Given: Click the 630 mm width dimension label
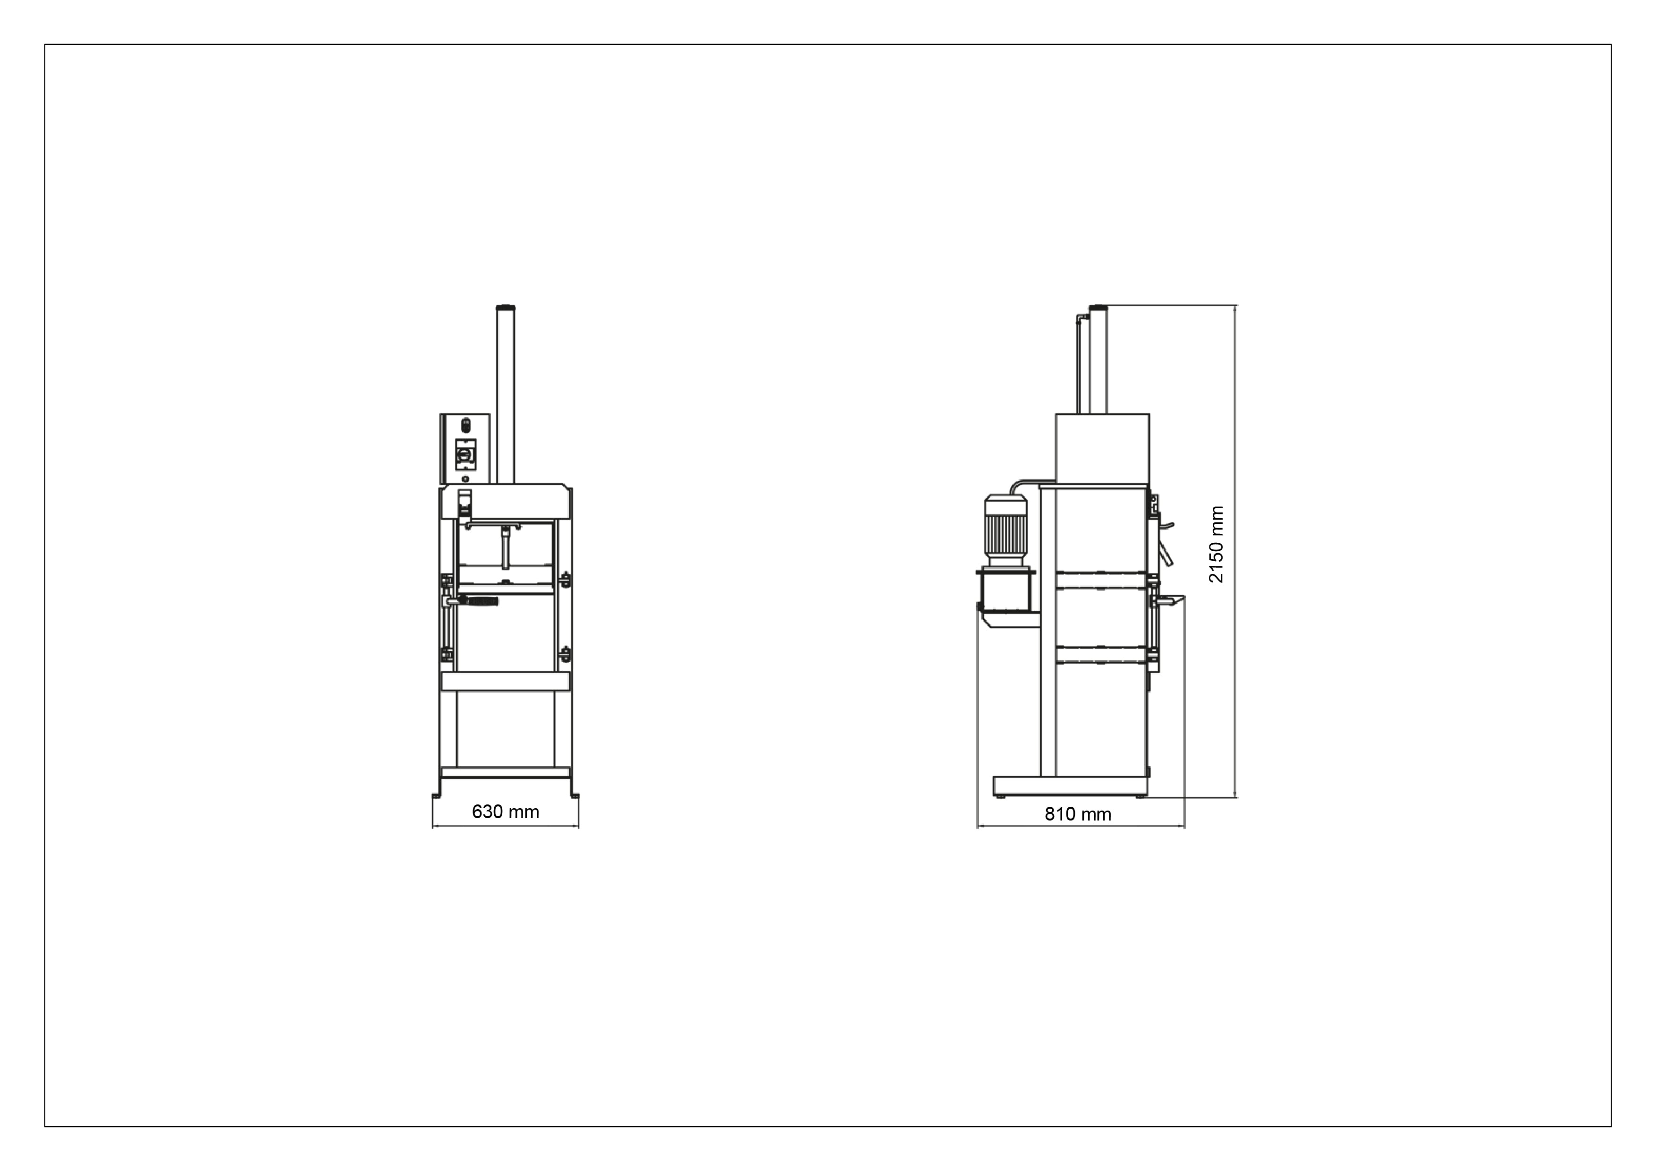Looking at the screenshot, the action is pos(505,812).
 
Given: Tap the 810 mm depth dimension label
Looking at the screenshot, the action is pos(1078,814).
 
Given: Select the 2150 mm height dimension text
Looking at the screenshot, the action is pos(1216,544).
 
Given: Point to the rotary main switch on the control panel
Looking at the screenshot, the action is pos(465,454).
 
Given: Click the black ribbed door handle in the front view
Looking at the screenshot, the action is pos(477,601).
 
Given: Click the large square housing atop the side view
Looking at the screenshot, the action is pos(1102,449).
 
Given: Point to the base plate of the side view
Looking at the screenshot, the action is pos(1070,786).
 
